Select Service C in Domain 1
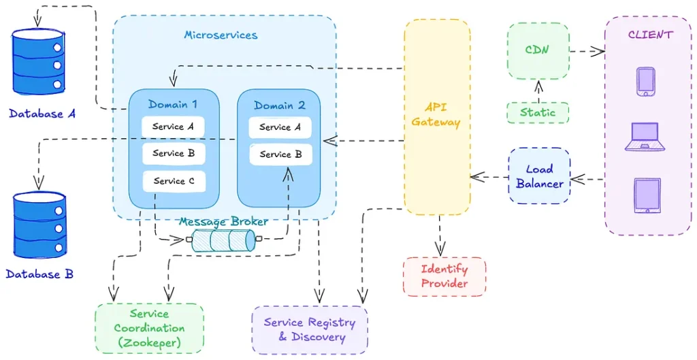[x=174, y=181]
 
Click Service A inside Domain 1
[x=174, y=127]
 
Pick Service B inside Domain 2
[x=280, y=154]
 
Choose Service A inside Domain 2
[x=280, y=127]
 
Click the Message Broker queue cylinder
[x=224, y=240]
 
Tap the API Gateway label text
[x=436, y=115]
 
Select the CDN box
[x=538, y=50]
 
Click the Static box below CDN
[x=538, y=112]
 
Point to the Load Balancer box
[x=540, y=176]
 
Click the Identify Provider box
[x=444, y=276]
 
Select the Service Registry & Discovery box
[x=310, y=329]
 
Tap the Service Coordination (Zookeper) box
[x=148, y=329]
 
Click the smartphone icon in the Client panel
[x=645, y=82]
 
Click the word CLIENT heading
[x=650, y=35]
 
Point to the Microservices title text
[x=221, y=35]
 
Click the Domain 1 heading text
[x=173, y=105]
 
